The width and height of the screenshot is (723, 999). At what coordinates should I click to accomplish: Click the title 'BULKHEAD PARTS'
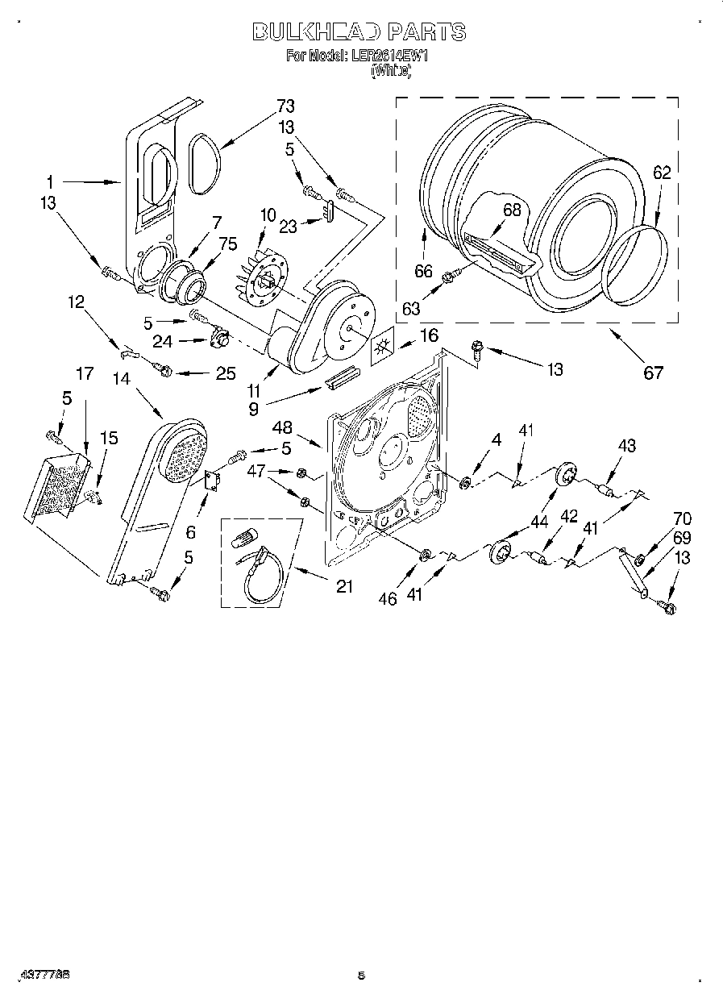point(359,32)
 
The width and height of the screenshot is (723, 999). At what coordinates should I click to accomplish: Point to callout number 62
point(661,173)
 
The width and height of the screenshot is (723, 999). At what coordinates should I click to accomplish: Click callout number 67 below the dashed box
point(653,372)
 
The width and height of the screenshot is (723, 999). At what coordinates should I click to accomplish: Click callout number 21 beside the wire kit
point(344,586)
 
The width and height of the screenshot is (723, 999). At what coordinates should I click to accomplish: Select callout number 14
point(121,377)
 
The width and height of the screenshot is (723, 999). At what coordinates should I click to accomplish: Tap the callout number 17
point(85,373)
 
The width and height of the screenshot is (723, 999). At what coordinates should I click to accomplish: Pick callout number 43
point(626,446)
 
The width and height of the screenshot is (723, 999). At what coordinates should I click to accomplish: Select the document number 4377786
point(35,974)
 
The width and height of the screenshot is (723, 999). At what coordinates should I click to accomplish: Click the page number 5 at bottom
point(361,976)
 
